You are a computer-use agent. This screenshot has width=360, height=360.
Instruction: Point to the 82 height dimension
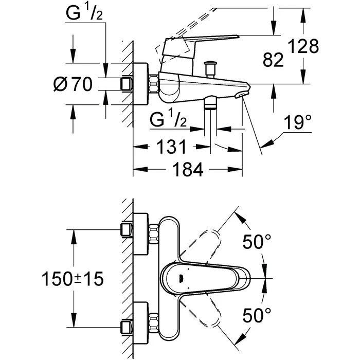273,61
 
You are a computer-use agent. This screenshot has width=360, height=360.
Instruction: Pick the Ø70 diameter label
76,84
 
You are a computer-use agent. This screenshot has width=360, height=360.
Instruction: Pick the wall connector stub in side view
127,83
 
